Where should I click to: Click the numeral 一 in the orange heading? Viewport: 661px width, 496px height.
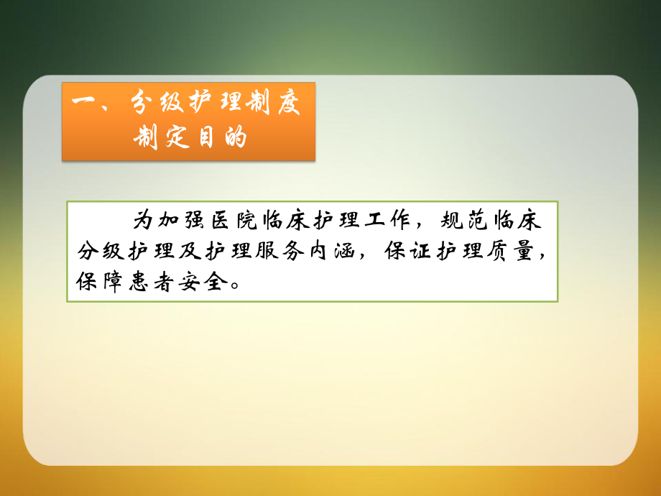[84, 105]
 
